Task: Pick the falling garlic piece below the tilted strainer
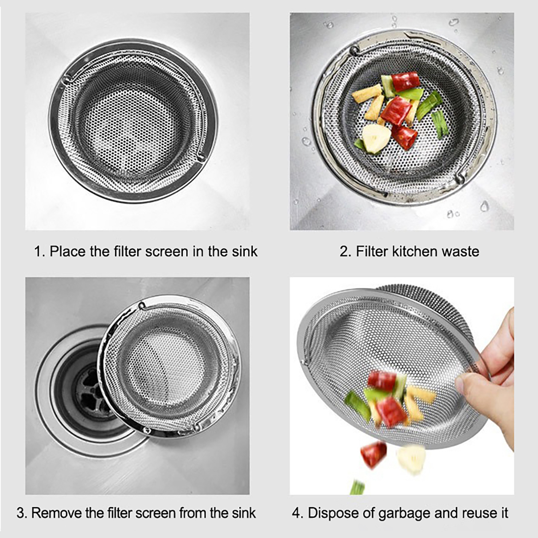(x=411, y=459)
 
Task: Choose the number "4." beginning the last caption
(x=298, y=513)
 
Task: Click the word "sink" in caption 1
(x=244, y=252)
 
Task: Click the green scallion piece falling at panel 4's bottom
(x=357, y=488)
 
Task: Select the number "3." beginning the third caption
(x=22, y=513)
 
